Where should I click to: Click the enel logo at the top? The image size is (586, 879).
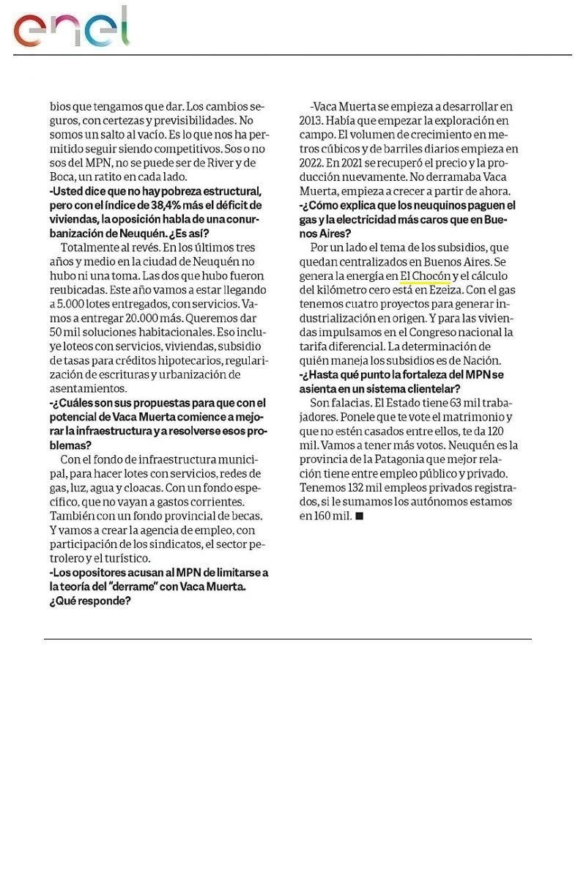[x=72, y=28]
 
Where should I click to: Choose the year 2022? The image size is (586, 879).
[x=312, y=163]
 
